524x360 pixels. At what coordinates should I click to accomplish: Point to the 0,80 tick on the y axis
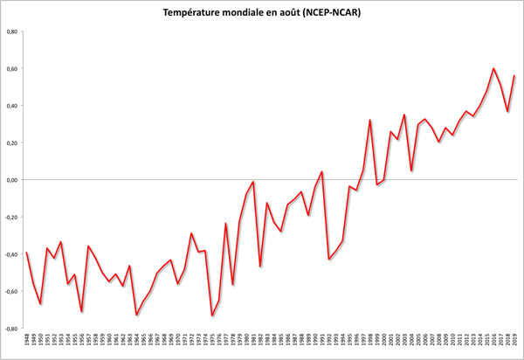(12, 31)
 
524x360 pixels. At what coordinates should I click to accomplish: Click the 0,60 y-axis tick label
(12, 69)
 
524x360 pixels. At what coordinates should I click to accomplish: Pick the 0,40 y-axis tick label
(12, 106)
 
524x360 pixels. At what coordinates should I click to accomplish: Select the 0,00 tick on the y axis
(12, 180)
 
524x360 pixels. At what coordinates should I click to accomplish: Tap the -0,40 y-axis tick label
(11, 254)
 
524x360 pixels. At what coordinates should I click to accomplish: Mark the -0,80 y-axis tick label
(11, 329)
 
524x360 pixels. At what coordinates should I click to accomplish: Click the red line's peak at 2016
(493, 68)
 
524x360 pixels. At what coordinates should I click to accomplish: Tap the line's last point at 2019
(514, 76)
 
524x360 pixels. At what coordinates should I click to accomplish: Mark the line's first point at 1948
(27, 253)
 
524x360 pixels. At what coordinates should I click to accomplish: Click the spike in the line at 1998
(370, 121)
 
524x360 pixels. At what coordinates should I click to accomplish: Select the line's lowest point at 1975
(212, 315)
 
